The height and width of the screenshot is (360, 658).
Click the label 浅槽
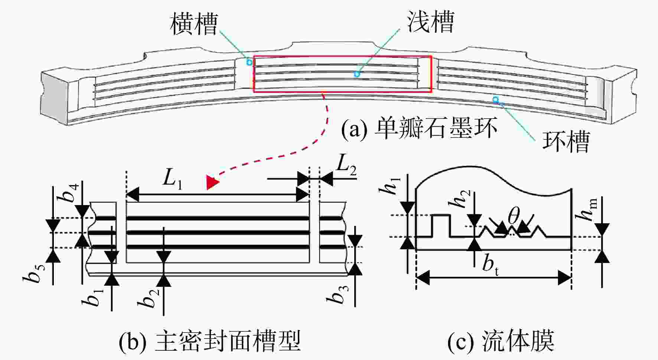click(431, 21)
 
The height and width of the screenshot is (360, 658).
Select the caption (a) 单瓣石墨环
click(419, 128)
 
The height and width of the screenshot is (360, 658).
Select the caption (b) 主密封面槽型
click(209, 341)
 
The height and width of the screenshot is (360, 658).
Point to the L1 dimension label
click(173, 179)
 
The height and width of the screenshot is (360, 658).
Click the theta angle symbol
click(514, 216)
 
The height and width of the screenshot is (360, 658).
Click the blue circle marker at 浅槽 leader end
click(357, 74)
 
